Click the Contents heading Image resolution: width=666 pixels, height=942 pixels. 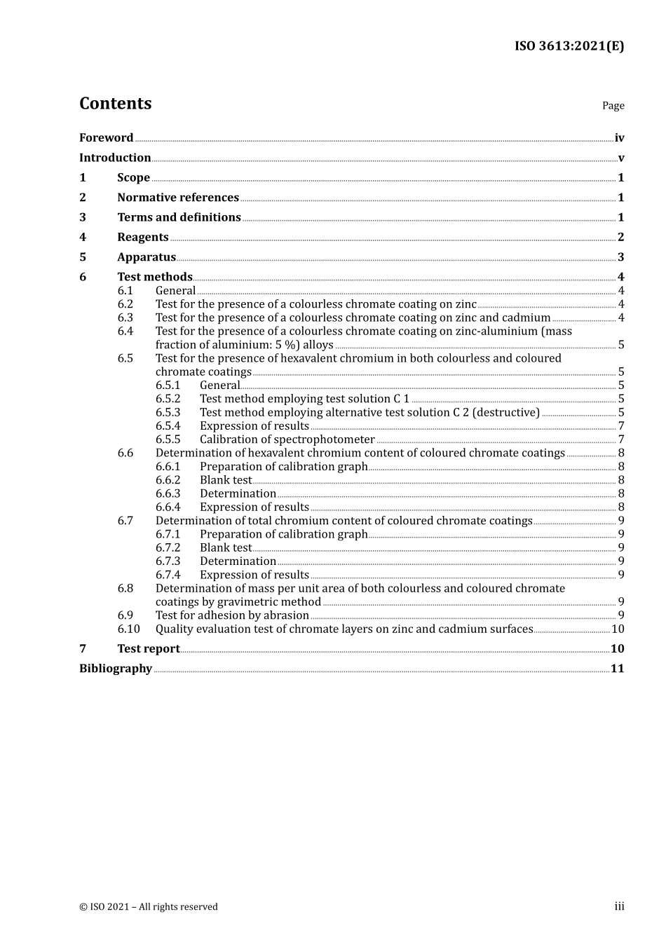[x=115, y=104]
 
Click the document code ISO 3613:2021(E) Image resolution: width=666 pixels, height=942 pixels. [x=569, y=46]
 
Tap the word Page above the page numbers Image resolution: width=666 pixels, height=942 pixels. [x=613, y=106]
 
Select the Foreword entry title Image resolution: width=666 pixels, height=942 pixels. [x=106, y=138]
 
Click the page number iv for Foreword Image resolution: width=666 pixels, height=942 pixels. [x=619, y=138]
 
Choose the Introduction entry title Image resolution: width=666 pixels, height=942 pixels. [x=115, y=158]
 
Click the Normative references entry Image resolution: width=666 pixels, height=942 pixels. [x=178, y=198]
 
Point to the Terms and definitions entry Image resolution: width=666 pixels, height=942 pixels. [x=179, y=217]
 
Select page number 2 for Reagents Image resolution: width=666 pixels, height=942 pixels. [x=620, y=238]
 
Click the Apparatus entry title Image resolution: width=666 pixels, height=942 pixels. [x=147, y=257]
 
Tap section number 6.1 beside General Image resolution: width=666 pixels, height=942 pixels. [x=125, y=291]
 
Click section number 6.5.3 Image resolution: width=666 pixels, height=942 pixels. [x=168, y=413]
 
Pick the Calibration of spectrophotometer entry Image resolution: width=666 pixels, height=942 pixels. [x=287, y=440]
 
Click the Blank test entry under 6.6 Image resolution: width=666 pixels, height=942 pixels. [x=225, y=481]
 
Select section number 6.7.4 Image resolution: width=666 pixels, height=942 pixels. [x=168, y=575]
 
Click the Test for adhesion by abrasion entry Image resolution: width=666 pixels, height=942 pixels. [x=232, y=616]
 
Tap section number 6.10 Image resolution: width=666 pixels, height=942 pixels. [x=128, y=629]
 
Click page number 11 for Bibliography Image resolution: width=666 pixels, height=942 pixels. [x=617, y=669]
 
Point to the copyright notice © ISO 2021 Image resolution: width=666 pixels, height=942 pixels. [x=149, y=907]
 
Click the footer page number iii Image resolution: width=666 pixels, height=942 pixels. [x=619, y=907]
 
